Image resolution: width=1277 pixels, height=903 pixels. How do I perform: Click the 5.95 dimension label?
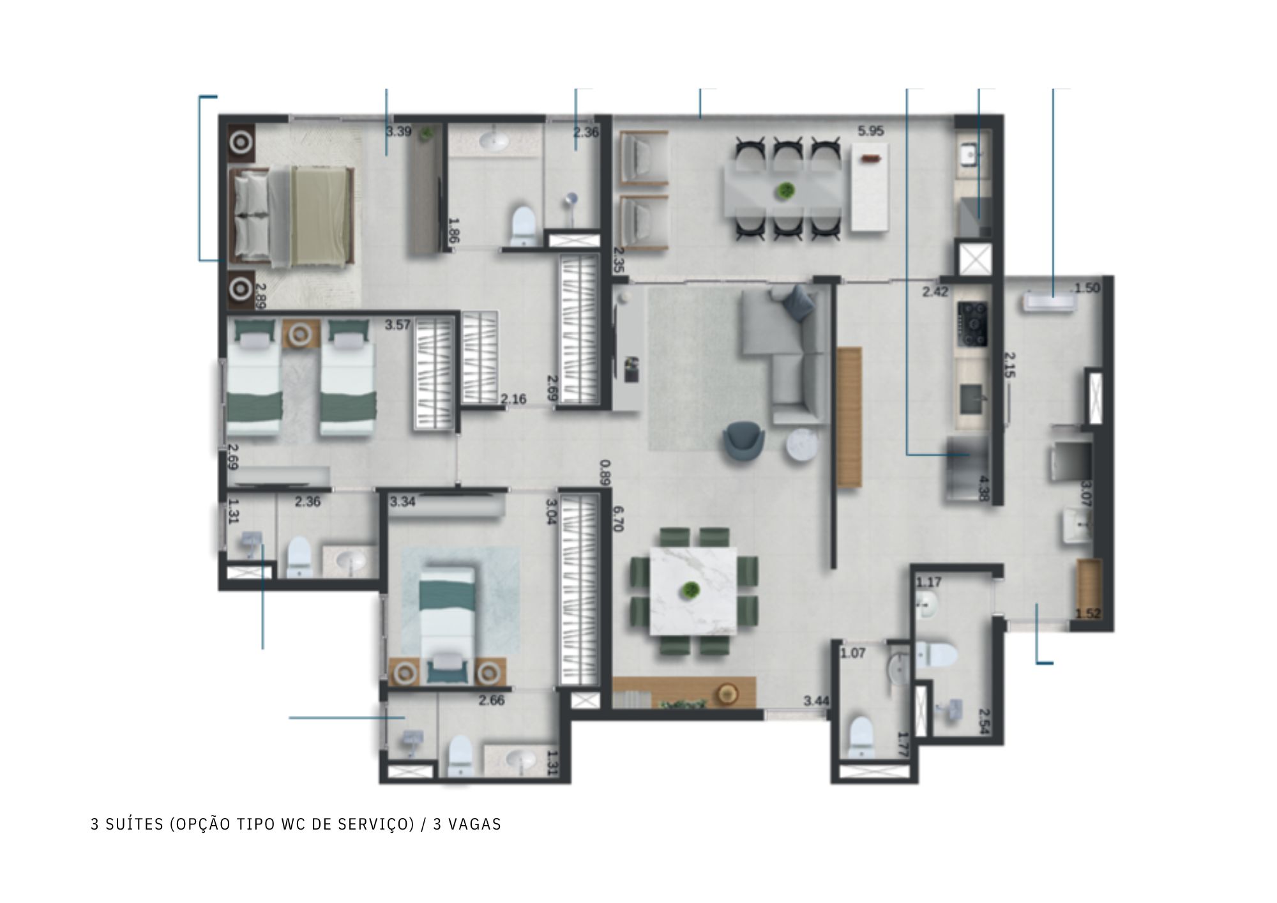coord(870,132)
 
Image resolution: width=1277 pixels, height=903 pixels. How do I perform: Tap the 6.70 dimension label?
coord(617,519)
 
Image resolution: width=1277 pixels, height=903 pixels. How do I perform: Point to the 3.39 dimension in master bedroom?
coord(398,132)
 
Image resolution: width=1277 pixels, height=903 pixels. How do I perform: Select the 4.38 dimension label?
coord(983,489)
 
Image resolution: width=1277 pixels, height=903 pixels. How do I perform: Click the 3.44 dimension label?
coord(816,701)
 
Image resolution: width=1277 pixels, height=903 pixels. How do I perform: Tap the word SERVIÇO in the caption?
coord(379,824)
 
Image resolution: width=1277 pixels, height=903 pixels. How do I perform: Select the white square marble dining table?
coord(693,591)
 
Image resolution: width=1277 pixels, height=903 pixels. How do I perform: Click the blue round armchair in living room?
coord(744,441)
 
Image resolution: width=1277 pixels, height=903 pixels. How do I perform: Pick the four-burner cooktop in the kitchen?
coord(972,324)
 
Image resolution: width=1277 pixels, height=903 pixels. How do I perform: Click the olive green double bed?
coord(294,216)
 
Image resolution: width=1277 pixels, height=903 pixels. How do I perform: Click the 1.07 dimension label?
coord(852,653)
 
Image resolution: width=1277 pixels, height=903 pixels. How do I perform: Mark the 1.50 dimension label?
coord(1087,288)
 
